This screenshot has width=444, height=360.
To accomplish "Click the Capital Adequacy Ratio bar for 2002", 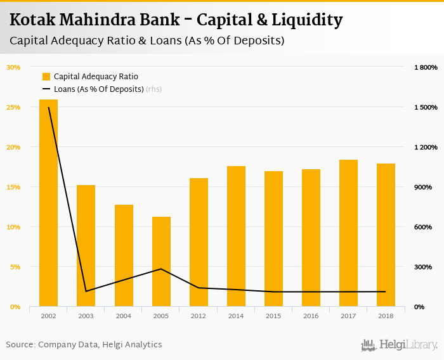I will [x=48, y=203].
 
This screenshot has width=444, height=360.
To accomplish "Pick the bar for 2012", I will [x=199, y=242].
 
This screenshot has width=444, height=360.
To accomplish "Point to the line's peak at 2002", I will [x=49, y=108].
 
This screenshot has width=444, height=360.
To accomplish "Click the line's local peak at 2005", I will [x=161, y=269].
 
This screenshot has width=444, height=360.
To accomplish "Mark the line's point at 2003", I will [x=86, y=292].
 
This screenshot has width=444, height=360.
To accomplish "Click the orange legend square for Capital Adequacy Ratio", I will [x=46, y=77].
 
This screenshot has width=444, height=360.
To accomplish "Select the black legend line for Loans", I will [x=46, y=89].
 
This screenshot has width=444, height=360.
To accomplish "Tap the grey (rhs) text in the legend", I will [x=153, y=89].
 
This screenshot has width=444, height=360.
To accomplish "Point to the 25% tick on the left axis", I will [x=13, y=107].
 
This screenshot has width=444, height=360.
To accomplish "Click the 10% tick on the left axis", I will [x=13, y=227].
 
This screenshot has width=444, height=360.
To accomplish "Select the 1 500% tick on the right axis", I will [x=426, y=107].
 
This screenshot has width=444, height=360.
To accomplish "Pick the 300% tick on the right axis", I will [x=424, y=267].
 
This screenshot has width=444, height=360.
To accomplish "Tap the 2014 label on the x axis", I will [x=236, y=316].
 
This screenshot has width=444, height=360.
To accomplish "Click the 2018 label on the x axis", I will [x=386, y=316].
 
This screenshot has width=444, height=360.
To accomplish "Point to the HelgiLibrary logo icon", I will [x=369, y=345].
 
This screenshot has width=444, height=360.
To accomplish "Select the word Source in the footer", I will [x=19, y=345].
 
